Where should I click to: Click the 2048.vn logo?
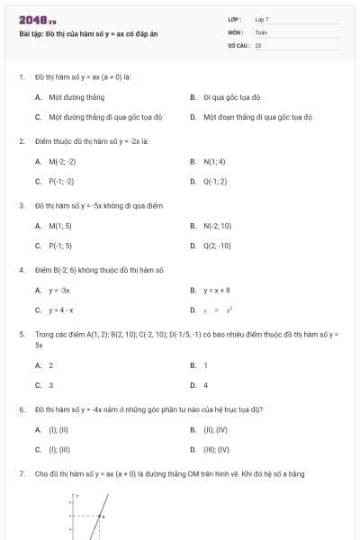pos(37,19)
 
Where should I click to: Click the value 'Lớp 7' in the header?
pos(262,19)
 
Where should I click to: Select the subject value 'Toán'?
pos(261,31)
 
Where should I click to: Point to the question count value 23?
pos(258,44)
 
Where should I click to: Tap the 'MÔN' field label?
pos(236,31)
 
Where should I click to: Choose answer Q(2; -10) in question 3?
pos(217,246)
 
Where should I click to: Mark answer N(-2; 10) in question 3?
pos(218,226)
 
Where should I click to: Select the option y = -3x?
pos(59,291)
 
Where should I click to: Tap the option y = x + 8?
pos(217,291)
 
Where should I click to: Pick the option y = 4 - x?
pos(61,310)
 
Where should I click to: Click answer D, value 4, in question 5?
pos(206,385)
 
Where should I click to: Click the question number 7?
pos(21,473)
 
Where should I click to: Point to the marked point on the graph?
pos(102,516)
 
